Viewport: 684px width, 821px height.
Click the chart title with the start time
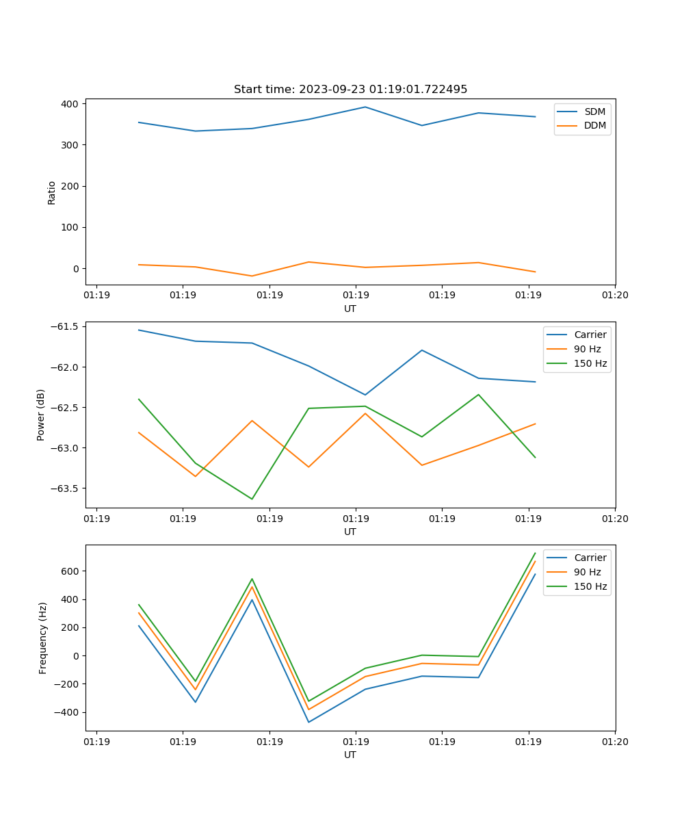[350, 90]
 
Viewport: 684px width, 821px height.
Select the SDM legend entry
[594, 112]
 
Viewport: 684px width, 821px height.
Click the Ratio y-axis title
[52, 192]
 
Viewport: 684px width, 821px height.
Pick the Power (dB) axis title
[41, 415]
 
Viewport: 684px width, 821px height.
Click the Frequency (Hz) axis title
[43, 638]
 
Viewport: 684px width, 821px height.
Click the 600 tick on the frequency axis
[70, 571]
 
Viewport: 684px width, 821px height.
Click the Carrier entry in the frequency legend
[590, 558]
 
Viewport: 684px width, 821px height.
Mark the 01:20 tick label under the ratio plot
[615, 296]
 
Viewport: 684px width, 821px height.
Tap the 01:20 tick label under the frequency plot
[615, 742]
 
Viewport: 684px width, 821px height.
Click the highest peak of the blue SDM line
[365, 107]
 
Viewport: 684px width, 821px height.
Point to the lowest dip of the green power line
[252, 499]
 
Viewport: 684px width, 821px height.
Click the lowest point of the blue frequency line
[308, 722]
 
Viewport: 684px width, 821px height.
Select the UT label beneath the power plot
[350, 532]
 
